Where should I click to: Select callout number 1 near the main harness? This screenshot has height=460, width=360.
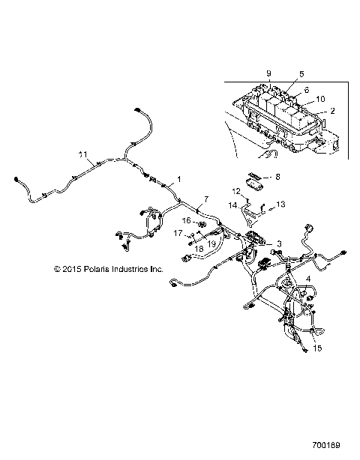coord(178,181)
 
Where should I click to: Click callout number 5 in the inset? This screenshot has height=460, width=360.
coord(301,74)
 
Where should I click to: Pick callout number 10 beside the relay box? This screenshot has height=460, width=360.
coord(320,98)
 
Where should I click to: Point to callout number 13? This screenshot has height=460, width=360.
coord(281,204)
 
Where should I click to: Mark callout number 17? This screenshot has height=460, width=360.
coord(178,234)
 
